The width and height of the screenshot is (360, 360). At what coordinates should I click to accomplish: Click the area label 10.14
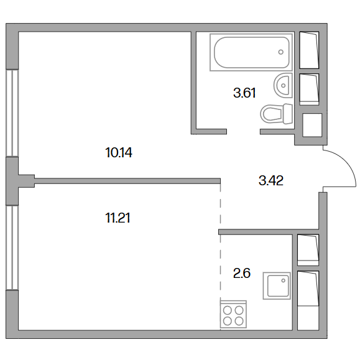tap(119, 153)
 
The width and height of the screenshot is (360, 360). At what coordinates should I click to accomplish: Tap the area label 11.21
tap(118, 218)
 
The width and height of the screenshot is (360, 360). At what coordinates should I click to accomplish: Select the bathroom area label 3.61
tap(244, 93)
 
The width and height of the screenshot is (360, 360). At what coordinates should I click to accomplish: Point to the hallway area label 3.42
tap(271, 180)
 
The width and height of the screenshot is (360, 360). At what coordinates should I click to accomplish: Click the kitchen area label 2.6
tap(241, 273)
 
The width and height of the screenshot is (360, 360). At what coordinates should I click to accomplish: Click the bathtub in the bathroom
tap(251, 52)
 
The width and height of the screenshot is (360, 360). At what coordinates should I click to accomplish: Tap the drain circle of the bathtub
tap(281, 52)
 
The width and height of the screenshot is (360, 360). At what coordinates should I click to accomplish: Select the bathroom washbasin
tap(283, 85)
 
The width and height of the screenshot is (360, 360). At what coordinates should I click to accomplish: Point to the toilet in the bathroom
tap(277, 114)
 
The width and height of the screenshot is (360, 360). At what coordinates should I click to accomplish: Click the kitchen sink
tap(277, 286)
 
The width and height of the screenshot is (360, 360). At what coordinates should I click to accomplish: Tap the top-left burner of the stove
tap(228, 310)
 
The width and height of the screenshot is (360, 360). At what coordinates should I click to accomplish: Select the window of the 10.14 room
tap(12, 113)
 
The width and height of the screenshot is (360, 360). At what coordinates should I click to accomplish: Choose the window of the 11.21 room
tap(12, 247)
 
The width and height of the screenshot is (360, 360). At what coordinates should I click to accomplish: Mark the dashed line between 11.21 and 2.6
tap(220, 257)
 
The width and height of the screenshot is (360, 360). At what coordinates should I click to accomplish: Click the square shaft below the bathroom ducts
tap(312, 125)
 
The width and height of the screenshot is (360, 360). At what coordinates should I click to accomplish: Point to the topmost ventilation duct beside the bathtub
tap(309, 50)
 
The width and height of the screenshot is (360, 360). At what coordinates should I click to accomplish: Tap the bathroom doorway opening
tap(243, 132)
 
